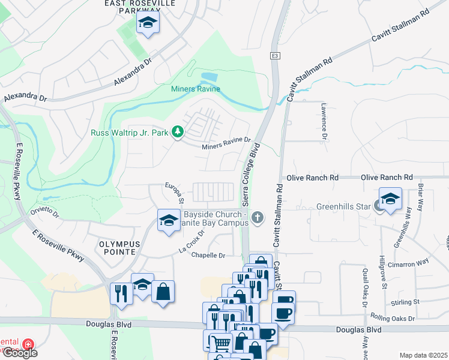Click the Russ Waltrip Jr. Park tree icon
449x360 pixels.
tap(177, 132)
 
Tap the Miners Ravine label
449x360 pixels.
tap(196, 89)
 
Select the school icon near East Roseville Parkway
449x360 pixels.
tap(146, 24)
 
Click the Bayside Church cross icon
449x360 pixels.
tap(258, 217)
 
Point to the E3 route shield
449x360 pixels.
tap(274, 56)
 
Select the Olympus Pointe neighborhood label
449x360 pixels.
tap(119, 248)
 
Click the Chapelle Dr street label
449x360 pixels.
tap(208, 256)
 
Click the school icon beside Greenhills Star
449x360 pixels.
tap(390, 200)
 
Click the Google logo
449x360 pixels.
tap(19, 352)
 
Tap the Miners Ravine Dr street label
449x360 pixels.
tap(226, 144)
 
